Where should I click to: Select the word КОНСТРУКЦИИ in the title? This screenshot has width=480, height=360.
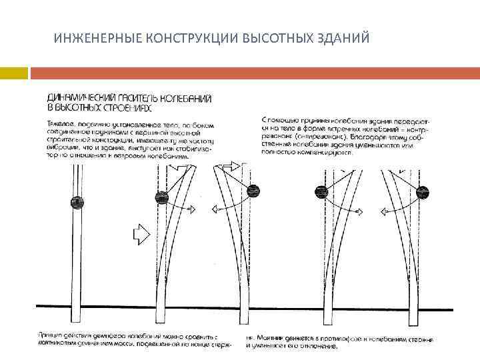[180, 37]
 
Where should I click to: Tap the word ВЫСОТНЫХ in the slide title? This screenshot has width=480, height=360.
[273, 37]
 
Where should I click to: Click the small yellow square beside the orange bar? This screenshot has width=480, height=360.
[13, 71]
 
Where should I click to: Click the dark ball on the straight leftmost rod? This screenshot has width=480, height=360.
[78, 201]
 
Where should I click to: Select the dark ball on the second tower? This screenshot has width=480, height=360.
[162, 197]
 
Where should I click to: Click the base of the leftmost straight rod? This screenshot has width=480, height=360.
[79, 313]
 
